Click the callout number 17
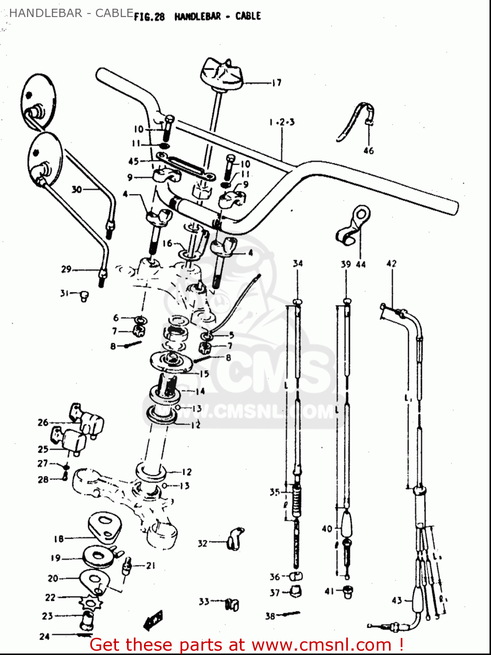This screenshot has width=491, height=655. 276,83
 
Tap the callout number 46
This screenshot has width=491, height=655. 368,151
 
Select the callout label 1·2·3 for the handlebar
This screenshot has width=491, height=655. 282,122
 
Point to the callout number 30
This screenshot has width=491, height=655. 77,190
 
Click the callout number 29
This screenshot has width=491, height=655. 66,269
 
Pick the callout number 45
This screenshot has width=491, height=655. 133,162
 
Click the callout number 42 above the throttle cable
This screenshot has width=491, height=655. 392,263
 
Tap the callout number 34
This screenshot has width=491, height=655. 297,263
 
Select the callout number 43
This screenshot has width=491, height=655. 396,600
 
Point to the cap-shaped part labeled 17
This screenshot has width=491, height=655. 222,72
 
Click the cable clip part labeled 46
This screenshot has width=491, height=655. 355,120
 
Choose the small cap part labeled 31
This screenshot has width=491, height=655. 85,296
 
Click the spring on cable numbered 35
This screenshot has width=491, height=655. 297,502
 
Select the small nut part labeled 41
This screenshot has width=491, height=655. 348,592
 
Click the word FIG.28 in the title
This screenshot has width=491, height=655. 149,17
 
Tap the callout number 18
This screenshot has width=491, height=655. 58,539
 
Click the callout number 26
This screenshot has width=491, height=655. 43,422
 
